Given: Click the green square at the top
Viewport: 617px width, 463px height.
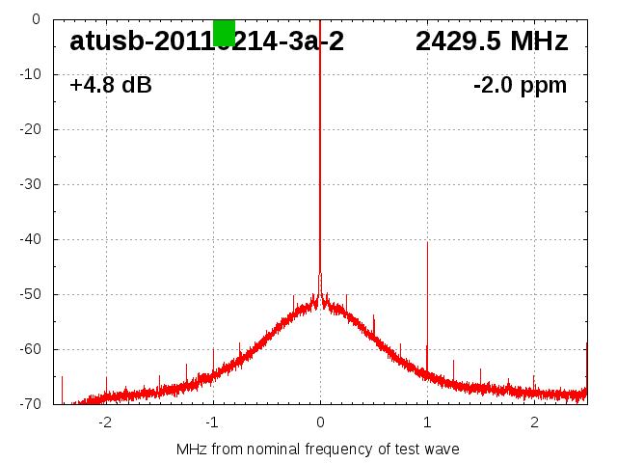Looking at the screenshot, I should (x=224, y=32).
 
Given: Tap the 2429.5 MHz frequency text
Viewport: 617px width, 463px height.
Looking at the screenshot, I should (x=492, y=41).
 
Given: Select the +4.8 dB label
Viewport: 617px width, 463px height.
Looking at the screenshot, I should (x=111, y=86).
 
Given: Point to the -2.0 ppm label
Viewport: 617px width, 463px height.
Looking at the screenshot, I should (x=520, y=86).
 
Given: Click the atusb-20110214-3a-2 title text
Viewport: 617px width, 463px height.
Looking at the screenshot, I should (x=206, y=41).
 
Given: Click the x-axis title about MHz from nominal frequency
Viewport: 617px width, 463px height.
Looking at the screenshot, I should (x=318, y=449).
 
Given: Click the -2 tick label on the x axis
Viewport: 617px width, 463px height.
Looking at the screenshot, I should (x=104, y=422).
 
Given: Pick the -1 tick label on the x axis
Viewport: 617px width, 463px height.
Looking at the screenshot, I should (x=211, y=422).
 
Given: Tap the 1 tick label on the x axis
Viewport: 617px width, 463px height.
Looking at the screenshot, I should (x=427, y=422).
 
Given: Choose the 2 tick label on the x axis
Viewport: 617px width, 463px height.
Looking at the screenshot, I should (x=534, y=422).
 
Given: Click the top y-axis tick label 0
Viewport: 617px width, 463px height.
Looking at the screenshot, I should (x=36, y=19).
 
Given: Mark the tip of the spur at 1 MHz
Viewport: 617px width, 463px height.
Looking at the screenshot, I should (x=427, y=243).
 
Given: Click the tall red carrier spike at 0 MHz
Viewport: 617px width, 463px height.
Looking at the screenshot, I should (x=320, y=145).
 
